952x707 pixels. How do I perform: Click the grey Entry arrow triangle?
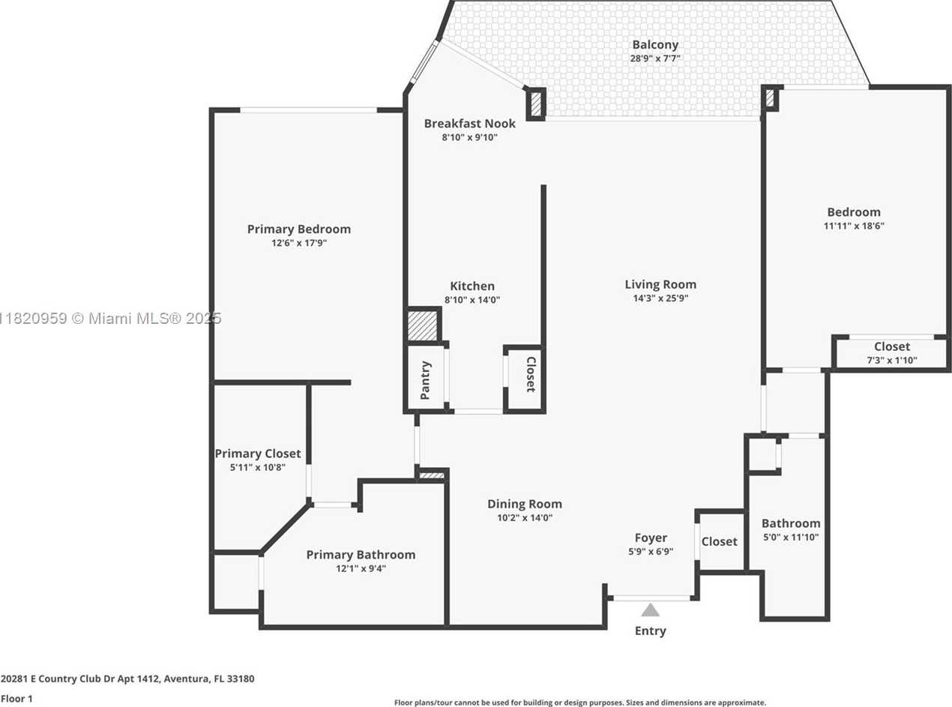click(x=650, y=610)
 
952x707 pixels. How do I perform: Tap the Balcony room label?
click(x=655, y=45)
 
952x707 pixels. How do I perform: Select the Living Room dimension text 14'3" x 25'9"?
click(x=660, y=298)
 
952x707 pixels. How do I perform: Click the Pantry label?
click(x=425, y=380)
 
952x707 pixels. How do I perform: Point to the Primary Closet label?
click(x=258, y=454)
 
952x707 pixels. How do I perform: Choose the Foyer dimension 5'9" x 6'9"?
click(x=651, y=552)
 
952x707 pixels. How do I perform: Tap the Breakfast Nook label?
click(x=469, y=124)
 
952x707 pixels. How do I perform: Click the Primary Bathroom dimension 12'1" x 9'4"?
click(x=361, y=569)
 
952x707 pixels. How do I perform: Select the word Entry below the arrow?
click(x=650, y=631)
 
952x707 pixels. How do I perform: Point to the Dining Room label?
click(x=525, y=504)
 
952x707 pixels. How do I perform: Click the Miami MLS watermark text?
click(x=111, y=319)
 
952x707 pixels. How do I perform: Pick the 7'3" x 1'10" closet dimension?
click(x=892, y=360)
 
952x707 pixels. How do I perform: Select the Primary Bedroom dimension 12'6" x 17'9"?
click(x=299, y=243)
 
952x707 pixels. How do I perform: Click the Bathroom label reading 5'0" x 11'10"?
click(x=791, y=537)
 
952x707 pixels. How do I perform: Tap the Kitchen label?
click(x=472, y=286)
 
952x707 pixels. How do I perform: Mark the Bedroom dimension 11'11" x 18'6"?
click(x=854, y=226)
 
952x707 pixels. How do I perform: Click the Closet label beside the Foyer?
click(x=720, y=542)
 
